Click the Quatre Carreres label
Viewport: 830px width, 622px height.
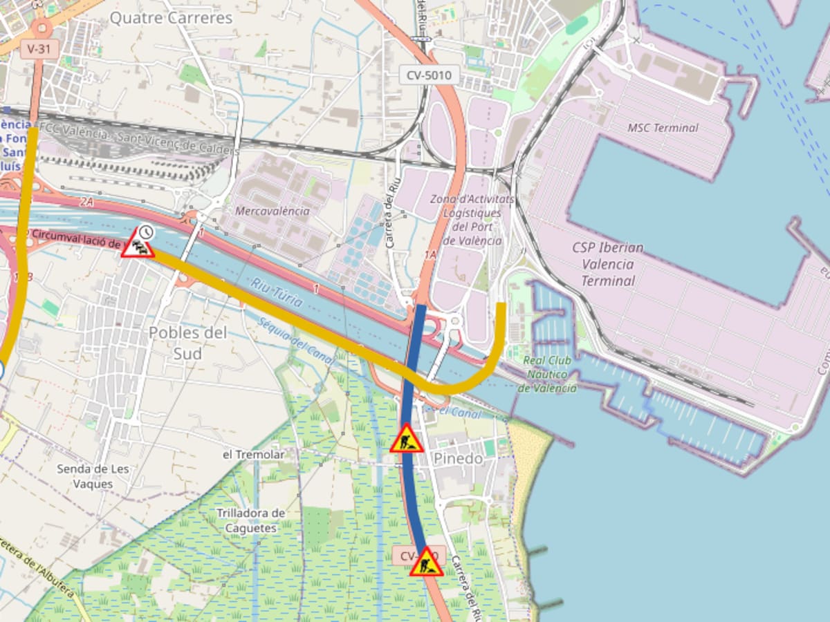click(171, 18)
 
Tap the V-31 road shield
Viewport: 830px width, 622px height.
click(39, 48)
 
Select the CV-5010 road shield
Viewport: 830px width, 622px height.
click(429, 75)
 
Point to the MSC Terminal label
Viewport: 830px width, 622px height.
click(663, 128)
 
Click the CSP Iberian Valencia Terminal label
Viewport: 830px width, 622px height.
click(607, 264)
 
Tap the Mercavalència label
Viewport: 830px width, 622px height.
click(273, 211)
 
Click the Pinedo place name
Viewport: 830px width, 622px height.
click(458, 459)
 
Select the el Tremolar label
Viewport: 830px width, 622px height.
click(253, 455)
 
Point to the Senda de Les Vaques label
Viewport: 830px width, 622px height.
click(93, 476)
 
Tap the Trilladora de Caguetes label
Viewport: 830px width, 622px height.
click(250, 520)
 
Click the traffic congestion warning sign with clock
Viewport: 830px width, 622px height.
click(138, 243)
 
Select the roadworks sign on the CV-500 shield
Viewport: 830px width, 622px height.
click(426, 563)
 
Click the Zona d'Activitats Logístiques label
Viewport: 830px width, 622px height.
click(472, 220)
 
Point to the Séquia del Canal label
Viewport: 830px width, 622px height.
click(295, 341)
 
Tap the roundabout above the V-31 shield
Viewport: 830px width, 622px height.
click(41, 28)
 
